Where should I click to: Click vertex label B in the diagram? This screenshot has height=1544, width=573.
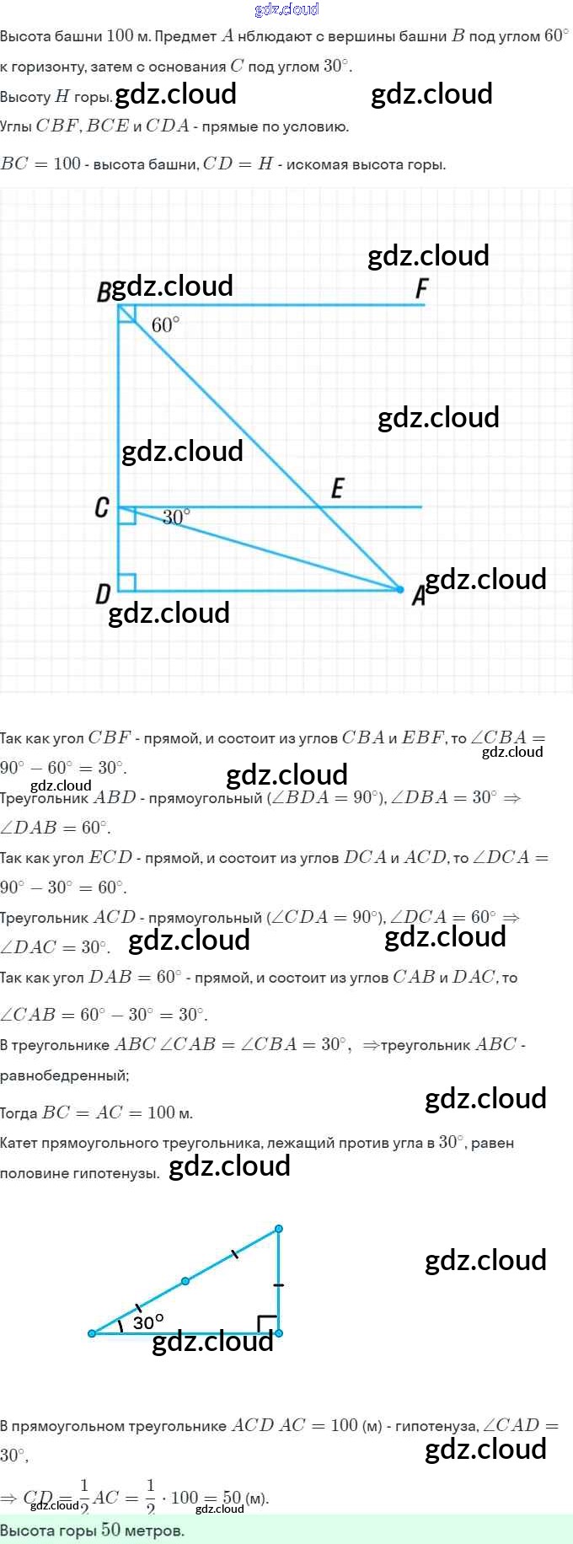(104, 292)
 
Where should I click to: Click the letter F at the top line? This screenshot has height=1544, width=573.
(422, 289)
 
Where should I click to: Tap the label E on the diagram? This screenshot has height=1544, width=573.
(338, 488)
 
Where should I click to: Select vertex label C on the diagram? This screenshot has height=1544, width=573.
(102, 507)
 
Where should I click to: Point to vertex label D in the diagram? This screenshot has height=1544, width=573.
(103, 594)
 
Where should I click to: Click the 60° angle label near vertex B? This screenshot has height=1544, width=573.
(165, 325)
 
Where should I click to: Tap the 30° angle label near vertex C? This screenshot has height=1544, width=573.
(176, 517)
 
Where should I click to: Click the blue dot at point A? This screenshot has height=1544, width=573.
(400, 590)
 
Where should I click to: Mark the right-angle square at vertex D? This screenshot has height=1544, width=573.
(127, 582)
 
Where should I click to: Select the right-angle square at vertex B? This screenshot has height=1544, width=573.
(126, 313)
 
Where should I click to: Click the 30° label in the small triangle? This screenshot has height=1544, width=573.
(148, 1322)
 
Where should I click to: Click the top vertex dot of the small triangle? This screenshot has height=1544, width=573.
(279, 1229)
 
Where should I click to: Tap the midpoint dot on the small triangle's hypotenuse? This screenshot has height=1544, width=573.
(185, 1281)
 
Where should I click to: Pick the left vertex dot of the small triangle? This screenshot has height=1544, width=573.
(92, 1333)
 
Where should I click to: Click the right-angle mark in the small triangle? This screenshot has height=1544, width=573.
(267, 1323)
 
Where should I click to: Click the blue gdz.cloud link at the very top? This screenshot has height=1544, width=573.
(286, 9)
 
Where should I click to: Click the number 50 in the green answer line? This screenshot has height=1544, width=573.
(110, 1530)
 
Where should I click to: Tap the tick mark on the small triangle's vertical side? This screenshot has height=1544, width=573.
(279, 1285)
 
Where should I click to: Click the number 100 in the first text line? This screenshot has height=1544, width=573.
(120, 35)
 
